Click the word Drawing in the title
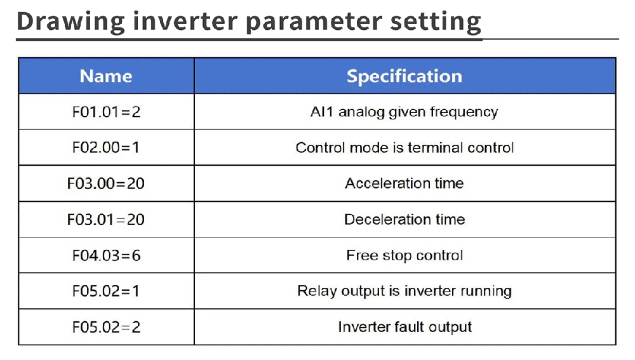click(70, 22)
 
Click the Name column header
click(106, 76)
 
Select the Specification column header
click(404, 76)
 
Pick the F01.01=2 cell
click(106, 112)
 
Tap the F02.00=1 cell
click(106, 147)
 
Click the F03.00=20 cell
click(106, 183)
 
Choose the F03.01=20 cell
click(106, 220)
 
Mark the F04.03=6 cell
click(106, 255)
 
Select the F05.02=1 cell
click(106, 291)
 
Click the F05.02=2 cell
click(106, 327)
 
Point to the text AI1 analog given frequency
click(404, 112)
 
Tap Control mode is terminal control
click(404, 147)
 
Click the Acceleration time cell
click(404, 183)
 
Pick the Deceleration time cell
click(404, 220)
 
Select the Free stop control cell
click(404, 256)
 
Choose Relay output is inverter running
click(404, 291)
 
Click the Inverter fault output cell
click(404, 327)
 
